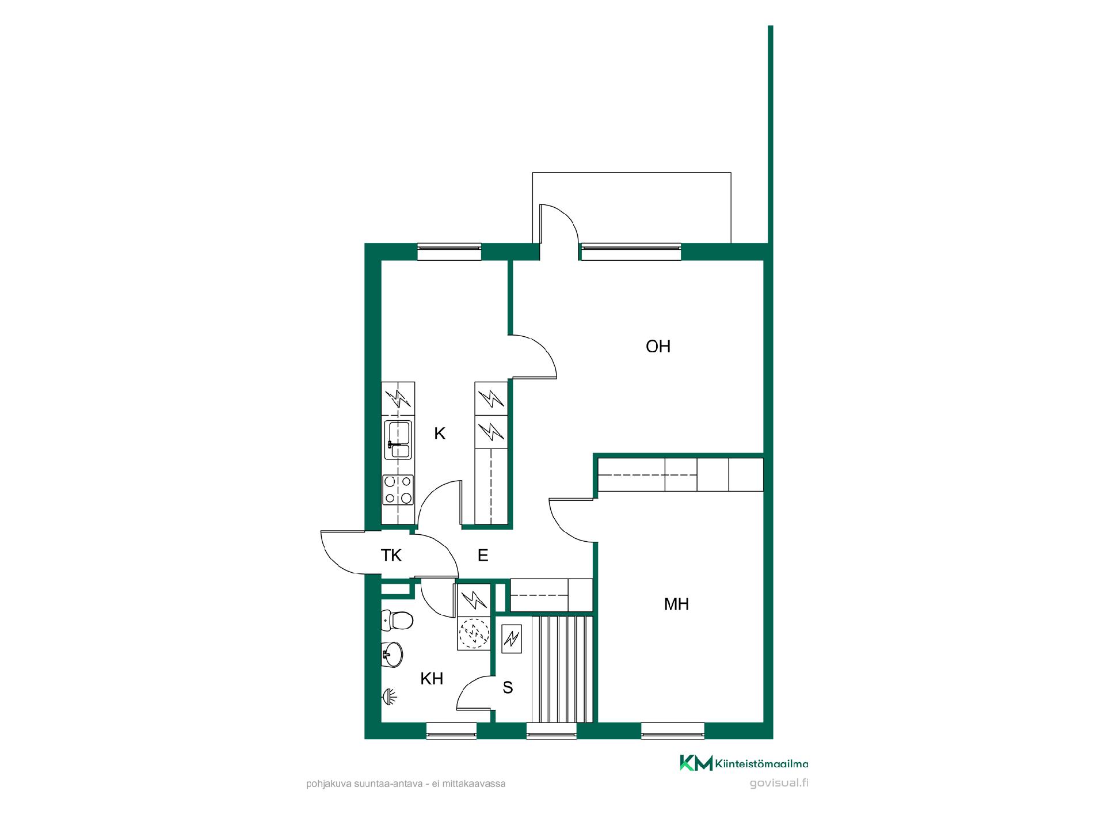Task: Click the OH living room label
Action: click(658, 347)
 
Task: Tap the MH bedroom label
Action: click(676, 604)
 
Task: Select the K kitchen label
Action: click(440, 433)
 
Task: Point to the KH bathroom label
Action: click(432, 679)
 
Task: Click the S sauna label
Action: click(508, 687)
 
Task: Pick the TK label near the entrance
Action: click(391, 556)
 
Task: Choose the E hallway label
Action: click(483, 556)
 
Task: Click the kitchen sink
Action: click(398, 440)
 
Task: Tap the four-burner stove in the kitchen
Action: click(398, 490)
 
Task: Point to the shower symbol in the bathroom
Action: click(390, 697)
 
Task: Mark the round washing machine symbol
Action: click(473, 634)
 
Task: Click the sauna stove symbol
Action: click(511, 638)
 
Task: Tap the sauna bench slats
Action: click(562, 669)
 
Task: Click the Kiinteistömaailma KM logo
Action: click(696, 763)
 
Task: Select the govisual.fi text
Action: click(779, 783)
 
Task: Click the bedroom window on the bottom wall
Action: click(672, 731)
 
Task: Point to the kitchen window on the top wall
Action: click(449, 252)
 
